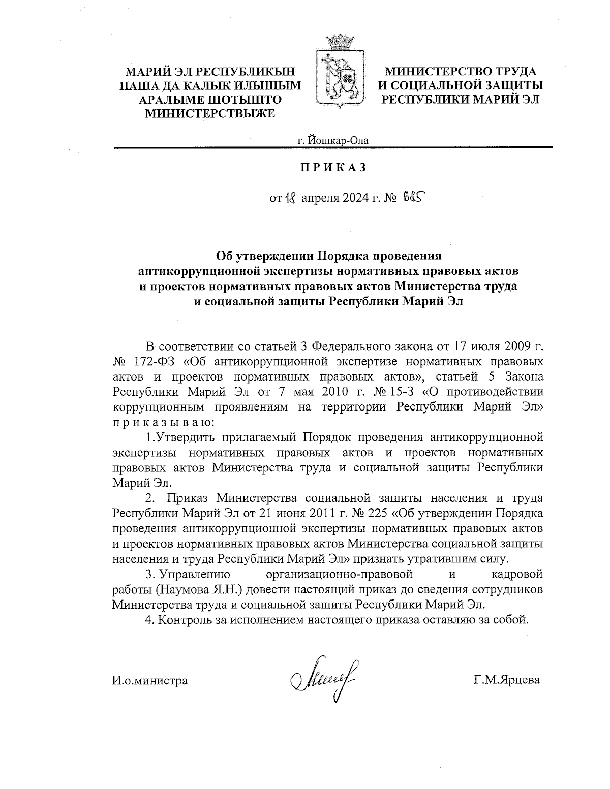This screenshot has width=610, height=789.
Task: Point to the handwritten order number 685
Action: [x=413, y=197]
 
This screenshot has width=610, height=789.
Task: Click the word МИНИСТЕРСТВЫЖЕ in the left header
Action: [x=210, y=113]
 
